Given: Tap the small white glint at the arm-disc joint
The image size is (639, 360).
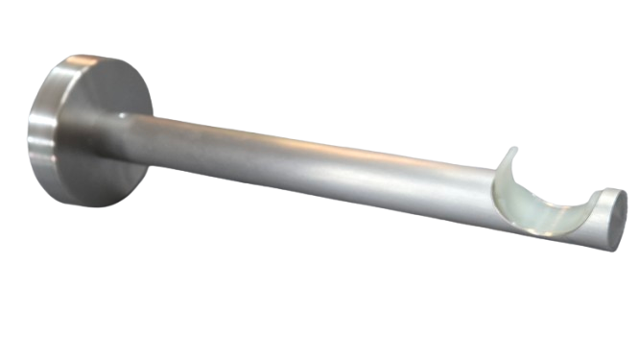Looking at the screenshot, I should click(x=122, y=115).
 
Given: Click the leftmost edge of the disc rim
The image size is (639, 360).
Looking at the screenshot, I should click(x=30, y=131).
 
